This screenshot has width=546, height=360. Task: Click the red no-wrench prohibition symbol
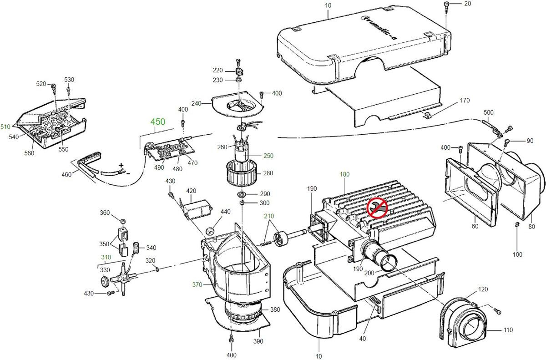coord(377,208)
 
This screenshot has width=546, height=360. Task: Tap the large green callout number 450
coord(158,122)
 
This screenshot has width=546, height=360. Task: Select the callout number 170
coord(465,101)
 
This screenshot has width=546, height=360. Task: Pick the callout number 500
coord(488,112)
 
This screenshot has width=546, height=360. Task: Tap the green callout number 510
coord(5,126)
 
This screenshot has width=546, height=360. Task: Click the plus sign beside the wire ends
coord(121,165)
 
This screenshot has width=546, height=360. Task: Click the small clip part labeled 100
coord(517,224)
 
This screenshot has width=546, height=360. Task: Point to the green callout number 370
coord(197,284)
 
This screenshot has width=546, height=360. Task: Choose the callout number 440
coord(226,212)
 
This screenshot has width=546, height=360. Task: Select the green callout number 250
coord(268,156)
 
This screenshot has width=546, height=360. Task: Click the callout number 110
coord(508,330)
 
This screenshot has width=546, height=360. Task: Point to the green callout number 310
coord(106,257)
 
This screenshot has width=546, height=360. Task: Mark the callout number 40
coord(363,338)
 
